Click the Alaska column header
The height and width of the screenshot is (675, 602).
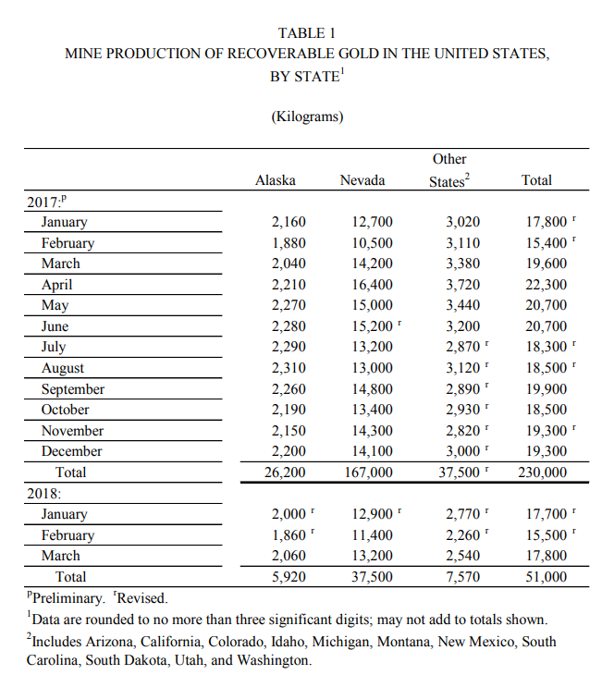click(x=275, y=180)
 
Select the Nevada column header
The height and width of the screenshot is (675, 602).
click(x=362, y=180)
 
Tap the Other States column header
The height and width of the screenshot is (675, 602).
click(x=449, y=170)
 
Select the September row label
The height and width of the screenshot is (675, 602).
click(x=73, y=389)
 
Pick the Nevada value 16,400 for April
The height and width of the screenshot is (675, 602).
click(x=373, y=285)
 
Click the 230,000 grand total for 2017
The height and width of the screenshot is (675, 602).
click(x=542, y=472)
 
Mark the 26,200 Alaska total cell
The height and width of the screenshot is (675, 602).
click(x=284, y=472)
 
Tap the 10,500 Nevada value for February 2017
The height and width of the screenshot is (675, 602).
click(x=373, y=243)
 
